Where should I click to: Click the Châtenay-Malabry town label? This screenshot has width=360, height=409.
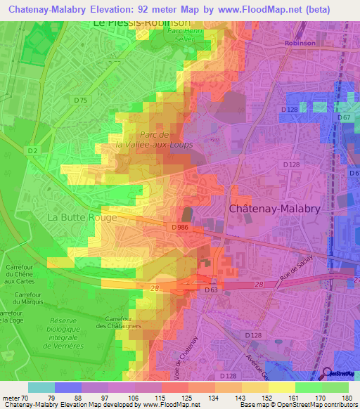276,209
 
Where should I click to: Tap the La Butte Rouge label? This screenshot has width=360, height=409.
82,218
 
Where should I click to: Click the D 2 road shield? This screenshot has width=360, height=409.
32,150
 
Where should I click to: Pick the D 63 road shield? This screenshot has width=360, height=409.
211,289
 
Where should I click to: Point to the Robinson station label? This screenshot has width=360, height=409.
302,43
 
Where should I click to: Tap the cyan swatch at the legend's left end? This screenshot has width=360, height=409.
41,387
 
